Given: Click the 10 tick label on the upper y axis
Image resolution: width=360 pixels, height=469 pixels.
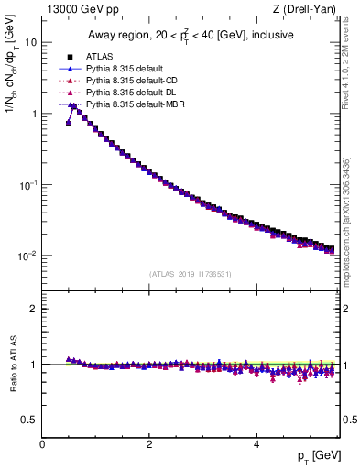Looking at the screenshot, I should tap(30, 42).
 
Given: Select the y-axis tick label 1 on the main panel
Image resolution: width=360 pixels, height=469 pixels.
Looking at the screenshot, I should tap(33, 114).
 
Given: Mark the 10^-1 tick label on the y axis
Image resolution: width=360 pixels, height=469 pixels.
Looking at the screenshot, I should tap(27, 184).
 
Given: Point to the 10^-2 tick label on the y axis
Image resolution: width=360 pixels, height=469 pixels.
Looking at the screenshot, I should tap(27, 256).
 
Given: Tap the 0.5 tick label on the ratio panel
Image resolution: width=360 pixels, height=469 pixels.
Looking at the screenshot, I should tap(29, 420).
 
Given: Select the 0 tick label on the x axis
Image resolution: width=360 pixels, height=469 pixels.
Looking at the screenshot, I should tap(42, 444).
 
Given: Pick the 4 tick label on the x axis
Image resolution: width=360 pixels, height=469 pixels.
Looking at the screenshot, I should tap(256, 444).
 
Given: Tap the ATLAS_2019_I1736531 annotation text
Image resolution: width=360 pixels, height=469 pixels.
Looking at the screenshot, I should tap(190, 274).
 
